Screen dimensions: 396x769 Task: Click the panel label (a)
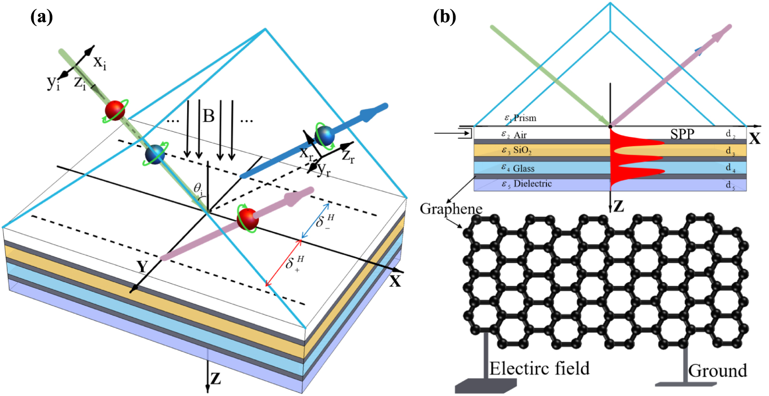tap(41, 17)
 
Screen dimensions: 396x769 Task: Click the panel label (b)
tap(444, 17)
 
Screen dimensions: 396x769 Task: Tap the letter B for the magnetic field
tap(209, 116)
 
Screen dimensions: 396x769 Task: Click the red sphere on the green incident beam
tap(115, 111)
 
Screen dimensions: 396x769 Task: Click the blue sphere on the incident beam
tap(155, 154)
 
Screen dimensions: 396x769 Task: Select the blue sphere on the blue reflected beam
tap(325, 136)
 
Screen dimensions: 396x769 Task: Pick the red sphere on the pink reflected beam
tap(248, 219)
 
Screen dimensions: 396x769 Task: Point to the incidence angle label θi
tap(198, 188)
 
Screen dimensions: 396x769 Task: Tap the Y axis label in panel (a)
tap(142, 267)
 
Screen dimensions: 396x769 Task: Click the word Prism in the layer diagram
tap(524, 118)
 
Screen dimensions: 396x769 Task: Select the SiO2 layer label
tap(522, 150)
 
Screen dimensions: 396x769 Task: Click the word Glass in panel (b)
tap(523, 168)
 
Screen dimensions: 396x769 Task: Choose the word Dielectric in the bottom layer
tap(532, 184)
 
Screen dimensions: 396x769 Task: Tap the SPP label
tap(682, 134)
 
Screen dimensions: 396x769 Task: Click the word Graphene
tap(451, 209)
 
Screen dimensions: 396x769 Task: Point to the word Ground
tap(717, 371)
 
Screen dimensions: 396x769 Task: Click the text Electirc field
tap(539, 369)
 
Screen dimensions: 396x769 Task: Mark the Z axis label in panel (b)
tap(618, 207)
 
